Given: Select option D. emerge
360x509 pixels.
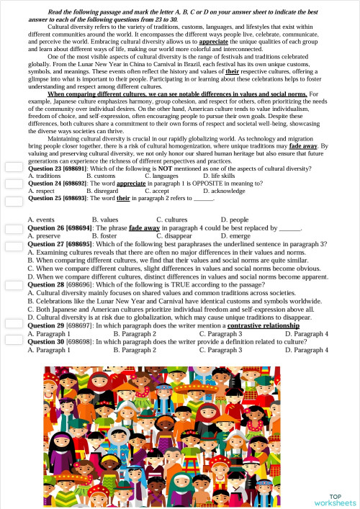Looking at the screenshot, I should click(x=235, y=235).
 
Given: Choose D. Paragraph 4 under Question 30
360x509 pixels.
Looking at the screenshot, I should click(x=306, y=350).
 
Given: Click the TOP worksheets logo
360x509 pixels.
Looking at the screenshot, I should click(x=335, y=499).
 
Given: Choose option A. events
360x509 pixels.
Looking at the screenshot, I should click(x=41, y=219).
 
